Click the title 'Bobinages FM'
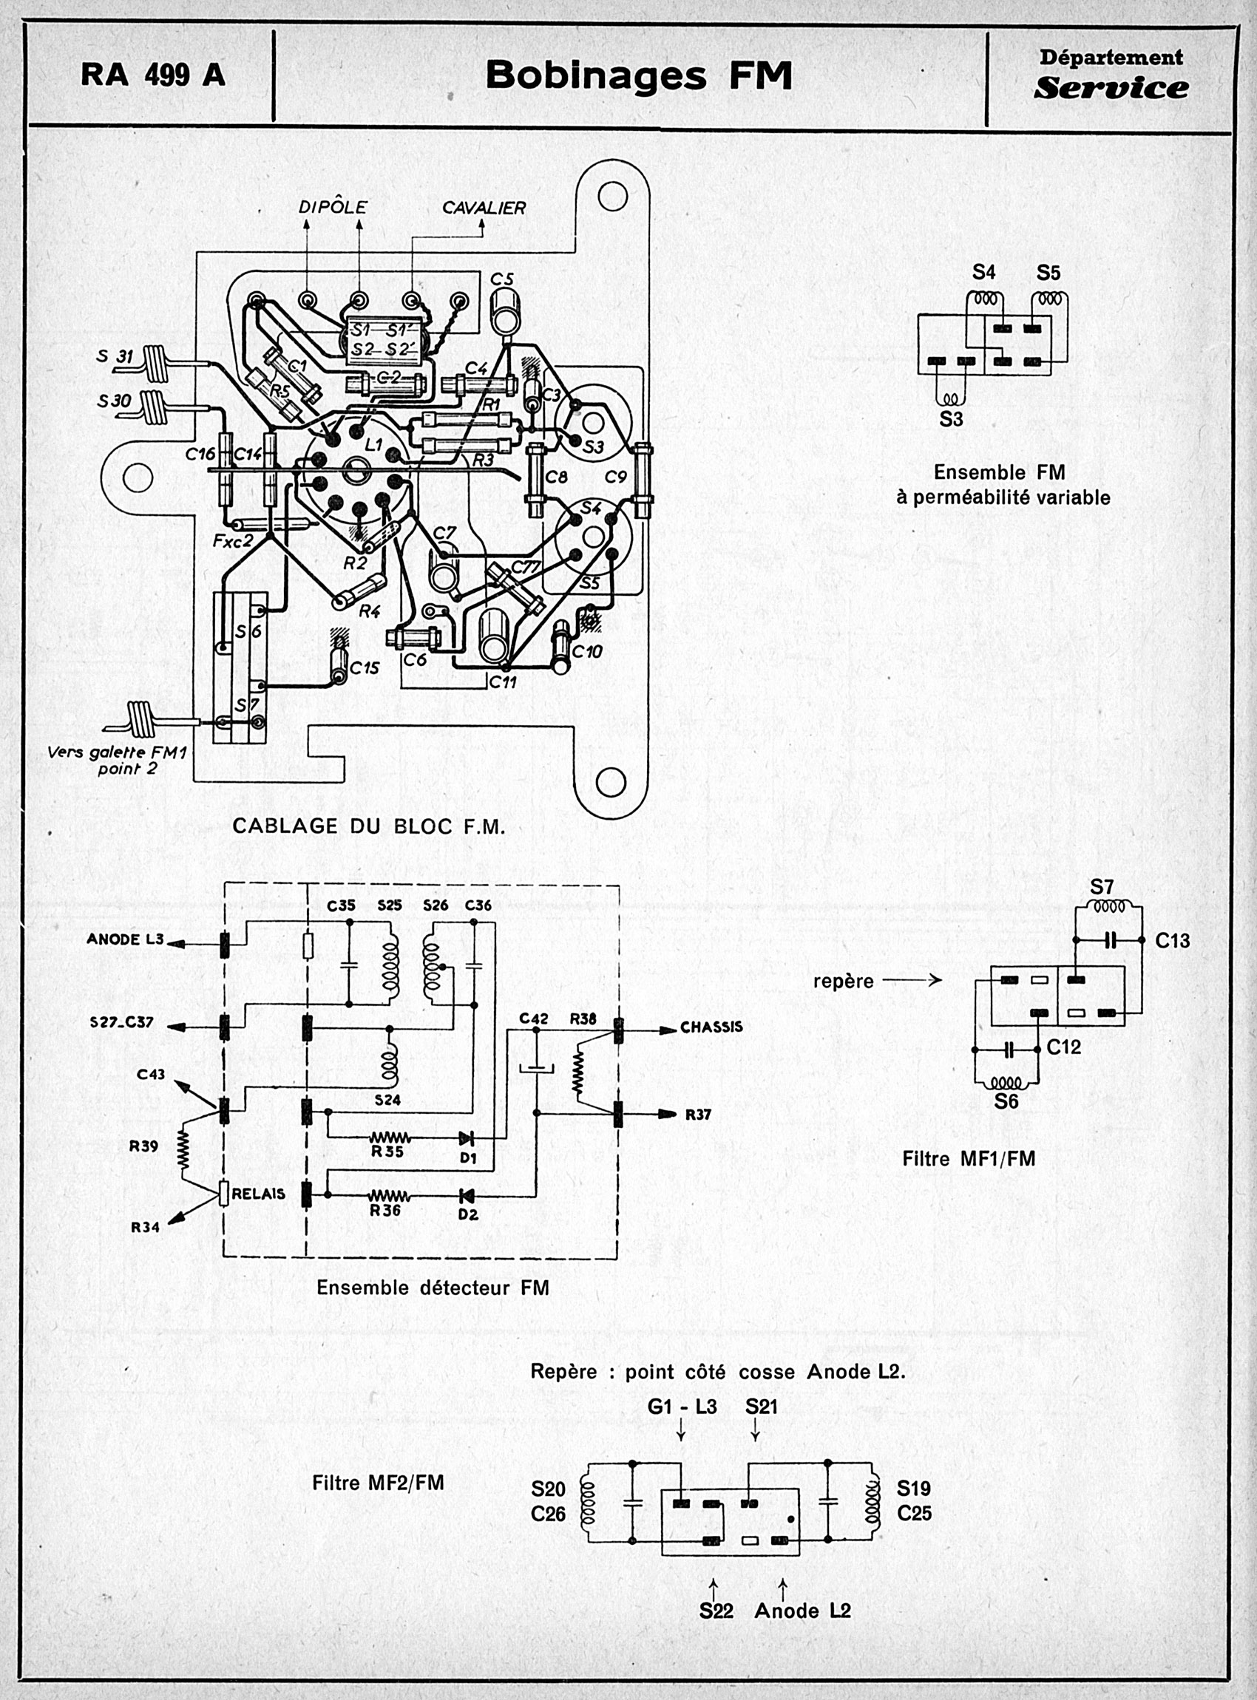638,75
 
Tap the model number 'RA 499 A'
153,75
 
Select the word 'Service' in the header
1111,88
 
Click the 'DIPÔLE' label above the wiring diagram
333,207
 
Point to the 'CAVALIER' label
484,208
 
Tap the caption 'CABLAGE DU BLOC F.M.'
368,826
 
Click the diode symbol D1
467,1138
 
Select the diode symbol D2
467,1194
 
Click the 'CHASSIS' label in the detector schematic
711,1027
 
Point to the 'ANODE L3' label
125,939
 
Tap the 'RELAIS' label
259,1194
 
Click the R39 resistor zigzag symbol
183,1147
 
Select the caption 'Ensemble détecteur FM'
433,1288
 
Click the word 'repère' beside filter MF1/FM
843,982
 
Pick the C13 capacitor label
1172,941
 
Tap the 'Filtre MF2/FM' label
377,1483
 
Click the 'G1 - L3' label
682,1407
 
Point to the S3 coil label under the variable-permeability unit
951,418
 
